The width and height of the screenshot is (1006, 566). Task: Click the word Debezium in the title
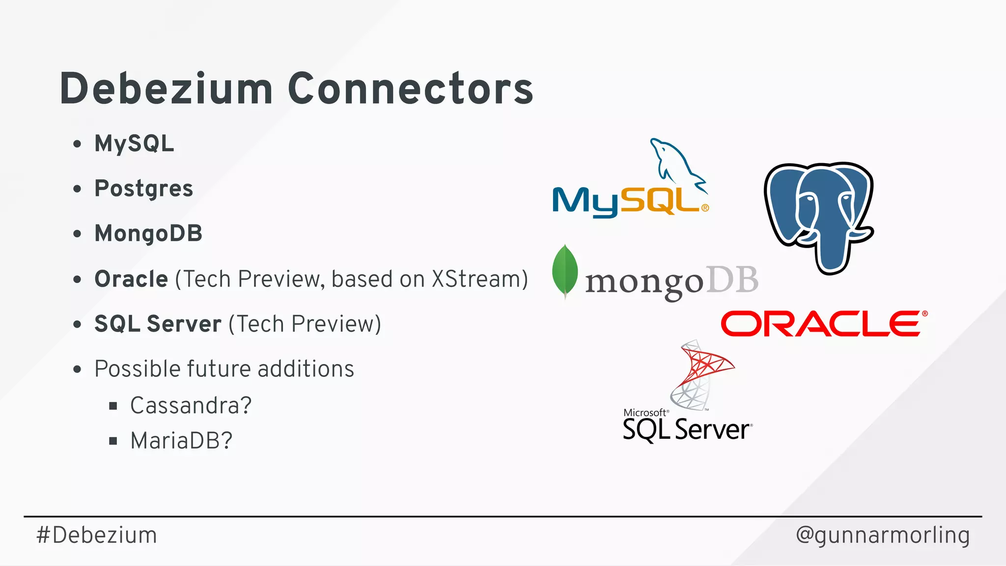pos(166,89)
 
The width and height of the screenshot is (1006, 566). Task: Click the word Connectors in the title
pos(411,89)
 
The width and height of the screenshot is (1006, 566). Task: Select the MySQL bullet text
pos(134,144)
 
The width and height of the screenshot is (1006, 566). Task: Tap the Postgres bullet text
pos(143,189)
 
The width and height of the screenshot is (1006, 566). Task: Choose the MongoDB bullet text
pos(148,234)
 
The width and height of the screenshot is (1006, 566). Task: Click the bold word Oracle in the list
pos(131,279)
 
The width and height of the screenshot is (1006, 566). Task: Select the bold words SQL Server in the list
pos(158,324)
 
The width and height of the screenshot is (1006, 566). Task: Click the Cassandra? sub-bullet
pos(191,406)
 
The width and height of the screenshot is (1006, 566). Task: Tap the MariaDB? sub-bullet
pos(181,441)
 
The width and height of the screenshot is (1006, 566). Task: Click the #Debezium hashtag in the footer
pos(97,535)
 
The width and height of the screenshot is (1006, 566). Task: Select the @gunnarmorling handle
pos(883,535)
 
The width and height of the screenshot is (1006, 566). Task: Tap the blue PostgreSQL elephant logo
pos(819,216)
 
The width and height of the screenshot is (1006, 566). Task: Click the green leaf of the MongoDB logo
pos(565,271)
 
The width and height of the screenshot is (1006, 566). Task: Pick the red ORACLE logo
pos(824,324)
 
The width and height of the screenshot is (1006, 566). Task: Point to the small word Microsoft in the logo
pos(644,413)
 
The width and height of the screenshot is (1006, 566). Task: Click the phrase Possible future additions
pos(224,369)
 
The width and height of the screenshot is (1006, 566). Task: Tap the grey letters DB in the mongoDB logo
pos(732,281)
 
